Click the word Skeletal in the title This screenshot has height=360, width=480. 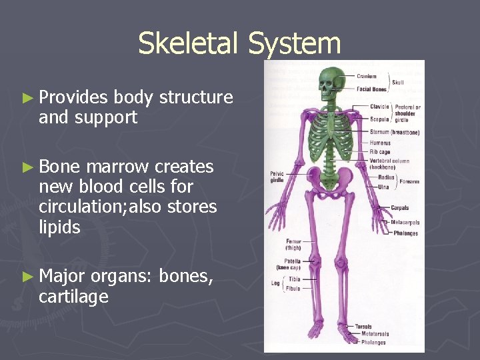click(190, 44)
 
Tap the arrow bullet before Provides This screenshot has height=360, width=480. click(27, 98)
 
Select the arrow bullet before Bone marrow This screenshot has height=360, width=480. click(27, 167)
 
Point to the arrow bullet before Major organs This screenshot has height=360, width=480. click(27, 277)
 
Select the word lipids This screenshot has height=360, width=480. click(59, 227)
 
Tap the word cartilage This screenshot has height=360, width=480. click(73, 297)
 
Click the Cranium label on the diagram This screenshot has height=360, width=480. click(366, 76)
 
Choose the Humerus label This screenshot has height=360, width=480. click(381, 142)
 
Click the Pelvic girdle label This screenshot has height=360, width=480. click(277, 177)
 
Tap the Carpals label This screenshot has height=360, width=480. click(400, 208)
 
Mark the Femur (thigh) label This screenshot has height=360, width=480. click(293, 245)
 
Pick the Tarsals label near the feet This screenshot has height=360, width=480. click(364, 327)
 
